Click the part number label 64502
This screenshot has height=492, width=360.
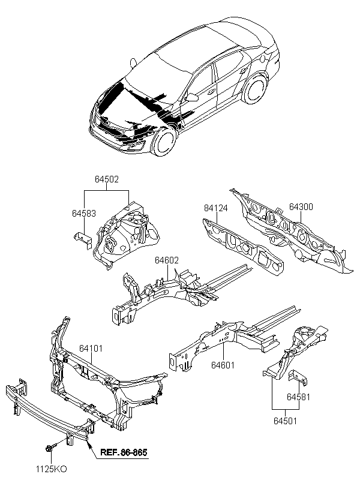pyautogui.click(x=107, y=179)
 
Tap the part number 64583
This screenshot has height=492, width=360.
pyautogui.click(x=84, y=214)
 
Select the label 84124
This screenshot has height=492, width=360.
pyautogui.click(x=215, y=208)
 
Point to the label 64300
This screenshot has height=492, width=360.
pyautogui.click(x=301, y=207)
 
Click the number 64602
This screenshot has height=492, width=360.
pyautogui.click(x=167, y=260)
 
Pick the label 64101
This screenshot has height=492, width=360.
pyautogui.click(x=91, y=349)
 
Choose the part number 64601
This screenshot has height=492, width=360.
pyautogui.click(x=223, y=365)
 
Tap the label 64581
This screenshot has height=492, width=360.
pyautogui.click(x=298, y=397)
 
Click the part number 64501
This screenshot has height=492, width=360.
pyautogui.click(x=285, y=421)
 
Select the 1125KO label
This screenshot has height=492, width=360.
pyautogui.click(x=51, y=469)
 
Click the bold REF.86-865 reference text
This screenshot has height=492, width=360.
pyautogui.click(x=124, y=452)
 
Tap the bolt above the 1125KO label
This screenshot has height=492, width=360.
pyautogui.click(x=51, y=449)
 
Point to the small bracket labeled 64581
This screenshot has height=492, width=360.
pyautogui.click(x=298, y=377)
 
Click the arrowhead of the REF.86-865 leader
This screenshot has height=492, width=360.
pyautogui.click(x=89, y=443)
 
